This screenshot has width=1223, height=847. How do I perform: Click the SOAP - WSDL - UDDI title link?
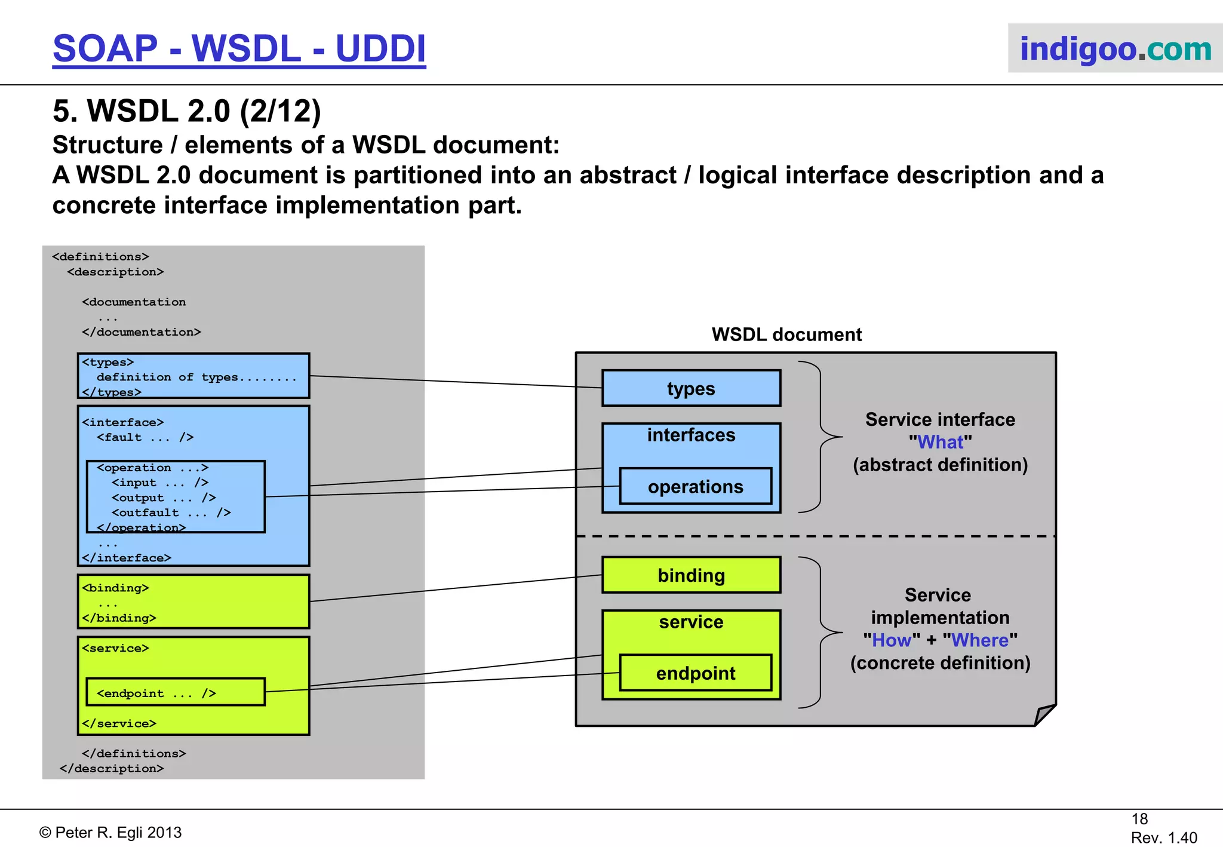(x=239, y=49)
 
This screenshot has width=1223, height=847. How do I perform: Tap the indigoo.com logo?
(x=1115, y=49)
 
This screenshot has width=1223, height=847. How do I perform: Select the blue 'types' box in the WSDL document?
(x=691, y=389)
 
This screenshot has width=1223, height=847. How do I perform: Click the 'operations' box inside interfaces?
(x=695, y=487)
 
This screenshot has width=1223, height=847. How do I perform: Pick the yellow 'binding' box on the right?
(x=691, y=575)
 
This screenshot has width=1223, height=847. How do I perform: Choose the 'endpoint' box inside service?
(x=695, y=673)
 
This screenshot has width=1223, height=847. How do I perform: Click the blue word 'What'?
(x=940, y=442)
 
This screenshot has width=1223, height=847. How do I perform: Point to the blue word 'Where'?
(x=979, y=640)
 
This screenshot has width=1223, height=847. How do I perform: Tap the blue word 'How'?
(x=892, y=640)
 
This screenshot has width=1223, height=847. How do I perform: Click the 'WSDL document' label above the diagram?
(x=786, y=334)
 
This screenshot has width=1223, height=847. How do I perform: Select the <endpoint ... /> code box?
(x=175, y=692)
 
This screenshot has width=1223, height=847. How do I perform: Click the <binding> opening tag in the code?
(x=115, y=588)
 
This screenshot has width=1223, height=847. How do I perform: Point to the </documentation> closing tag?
(x=142, y=332)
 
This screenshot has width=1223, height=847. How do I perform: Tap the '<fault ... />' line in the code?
(x=145, y=437)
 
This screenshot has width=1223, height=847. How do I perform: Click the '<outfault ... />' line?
(x=171, y=513)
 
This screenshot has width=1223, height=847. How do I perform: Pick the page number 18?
(x=1139, y=819)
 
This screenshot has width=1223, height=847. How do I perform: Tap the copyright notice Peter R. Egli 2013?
(x=110, y=832)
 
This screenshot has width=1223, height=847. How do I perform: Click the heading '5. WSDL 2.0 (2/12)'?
(x=187, y=112)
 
